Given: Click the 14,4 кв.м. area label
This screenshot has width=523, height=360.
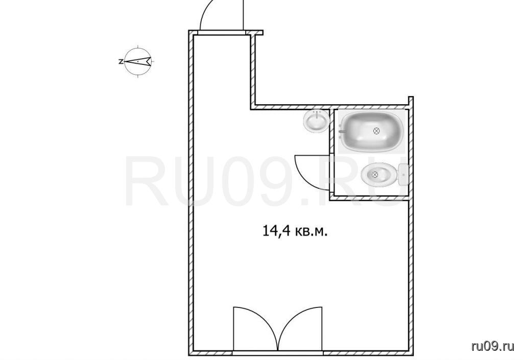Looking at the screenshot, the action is tap(295, 231).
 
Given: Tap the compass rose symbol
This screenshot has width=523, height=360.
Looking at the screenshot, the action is tap(138, 61).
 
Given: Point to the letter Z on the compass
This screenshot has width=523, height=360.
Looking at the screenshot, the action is tap(121, 62).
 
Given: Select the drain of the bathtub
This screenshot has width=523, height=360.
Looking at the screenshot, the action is tap(376, 131).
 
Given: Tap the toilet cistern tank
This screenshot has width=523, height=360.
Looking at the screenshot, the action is tap(403, 174).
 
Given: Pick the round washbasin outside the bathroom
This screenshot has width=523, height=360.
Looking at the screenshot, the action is tap(316, 121).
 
